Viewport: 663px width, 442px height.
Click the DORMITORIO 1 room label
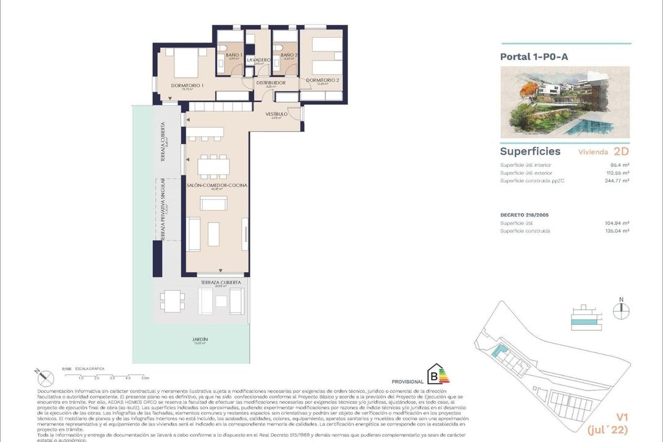tap(187, 86)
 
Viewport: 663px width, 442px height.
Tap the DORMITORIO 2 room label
tap(322, 80)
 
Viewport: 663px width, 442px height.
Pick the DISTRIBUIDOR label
tap(270, 83)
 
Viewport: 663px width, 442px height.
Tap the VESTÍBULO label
tap(276, 114)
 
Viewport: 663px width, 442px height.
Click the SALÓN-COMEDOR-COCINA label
tap(216, 185)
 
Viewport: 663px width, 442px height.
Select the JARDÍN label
tap(200, 339)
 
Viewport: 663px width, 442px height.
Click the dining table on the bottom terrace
tap(172, 300)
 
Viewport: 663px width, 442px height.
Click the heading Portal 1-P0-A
tap(534, 56)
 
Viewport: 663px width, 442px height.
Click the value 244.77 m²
tap(616, 181)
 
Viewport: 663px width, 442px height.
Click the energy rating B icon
tap(438, 375)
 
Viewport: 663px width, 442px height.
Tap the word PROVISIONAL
tap(407, 381)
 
